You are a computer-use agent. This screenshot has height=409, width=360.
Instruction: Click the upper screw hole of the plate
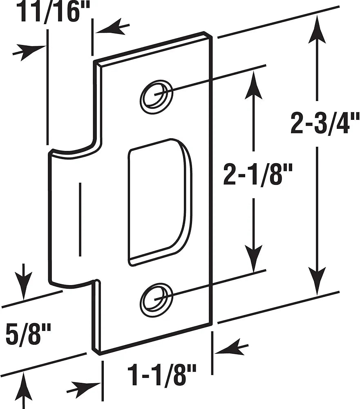point(156,94)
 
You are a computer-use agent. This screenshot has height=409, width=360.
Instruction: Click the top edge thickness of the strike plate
point(153,48)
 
